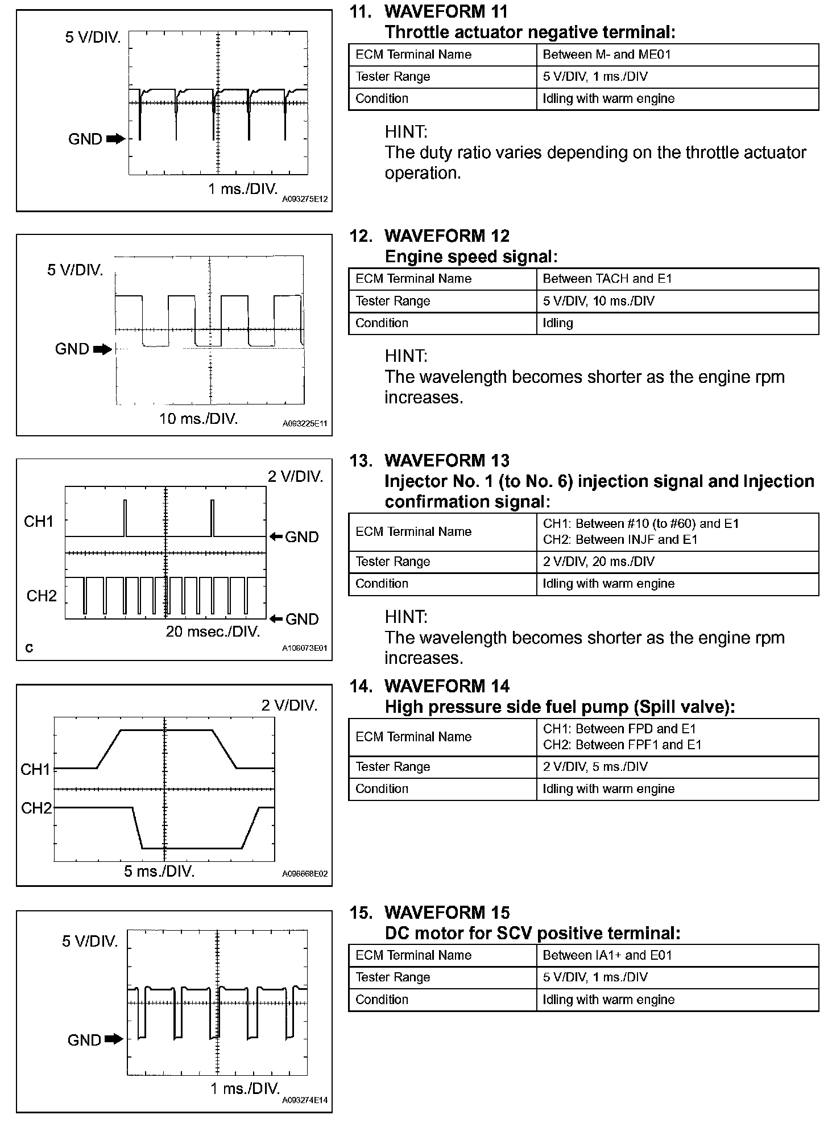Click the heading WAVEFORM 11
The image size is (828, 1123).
point(446,11)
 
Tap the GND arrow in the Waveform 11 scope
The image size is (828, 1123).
point(115,139)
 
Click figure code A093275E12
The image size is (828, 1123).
point(305,200)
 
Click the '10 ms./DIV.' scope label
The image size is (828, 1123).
point(198,419)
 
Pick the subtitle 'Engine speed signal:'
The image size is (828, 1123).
point(471,257)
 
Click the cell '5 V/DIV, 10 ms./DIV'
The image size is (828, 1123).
point(598,301)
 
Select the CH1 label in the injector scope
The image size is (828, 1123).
point(39,521)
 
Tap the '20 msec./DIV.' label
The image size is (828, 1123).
point(213,631)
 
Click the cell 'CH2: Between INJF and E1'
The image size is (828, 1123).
point(620,539)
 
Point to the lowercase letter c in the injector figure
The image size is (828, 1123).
point(30,647)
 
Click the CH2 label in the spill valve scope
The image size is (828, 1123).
point(36,808)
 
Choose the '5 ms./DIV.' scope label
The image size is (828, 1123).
point(159,872)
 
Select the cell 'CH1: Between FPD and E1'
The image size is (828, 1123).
point(619,729)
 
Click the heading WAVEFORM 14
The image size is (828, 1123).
point(447,686)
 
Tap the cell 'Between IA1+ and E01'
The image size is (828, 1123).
point(607,955)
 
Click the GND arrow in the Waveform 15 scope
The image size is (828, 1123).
point(114,1039)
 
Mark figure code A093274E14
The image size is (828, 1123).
point(305,1100)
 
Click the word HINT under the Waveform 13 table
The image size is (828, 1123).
point(406,617)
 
